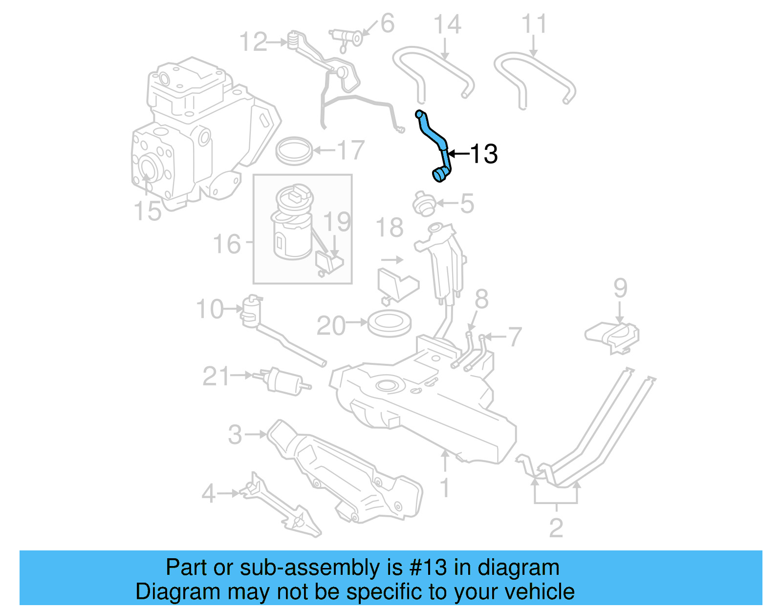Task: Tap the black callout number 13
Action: pos(483,154)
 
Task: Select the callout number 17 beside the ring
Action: pos(350,150)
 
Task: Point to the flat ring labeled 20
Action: pos(389,324)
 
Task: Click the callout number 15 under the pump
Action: pos(147,211)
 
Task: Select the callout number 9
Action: pos(620,288)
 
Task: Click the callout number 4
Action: pos(208,493)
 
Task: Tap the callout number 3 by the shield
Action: pos(235,434)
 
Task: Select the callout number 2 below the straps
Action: pos(556,527)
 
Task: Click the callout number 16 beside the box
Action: pos(227,244)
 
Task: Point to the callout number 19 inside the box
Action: pos(337,222)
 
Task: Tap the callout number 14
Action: pos(447,24)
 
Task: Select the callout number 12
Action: pos(253,42)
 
